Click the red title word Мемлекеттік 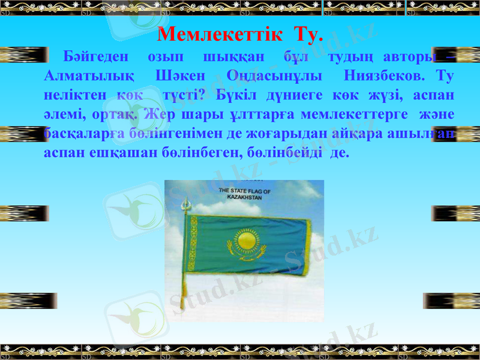point(218,34)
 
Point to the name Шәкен point(180,77)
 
